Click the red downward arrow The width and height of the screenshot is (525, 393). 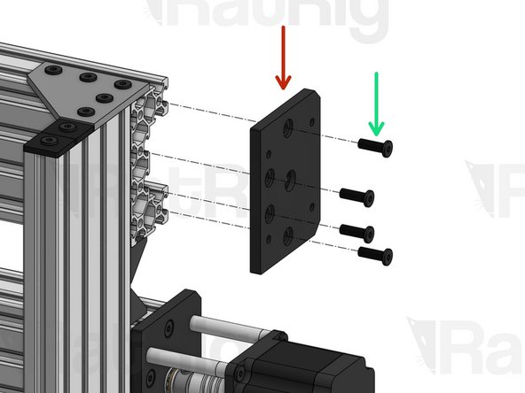point(283,58)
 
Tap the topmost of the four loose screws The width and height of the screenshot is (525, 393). point(376,146)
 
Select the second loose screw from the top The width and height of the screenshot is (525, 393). point(357,195)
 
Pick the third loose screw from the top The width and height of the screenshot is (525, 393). point(357,231)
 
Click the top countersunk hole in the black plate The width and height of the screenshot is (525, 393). point(288,127)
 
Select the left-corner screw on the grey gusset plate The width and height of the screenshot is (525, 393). point(55,71)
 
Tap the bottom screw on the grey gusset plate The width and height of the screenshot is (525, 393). point(87,112)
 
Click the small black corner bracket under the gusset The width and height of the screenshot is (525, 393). point(59,136)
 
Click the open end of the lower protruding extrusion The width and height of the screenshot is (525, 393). point(147,204)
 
